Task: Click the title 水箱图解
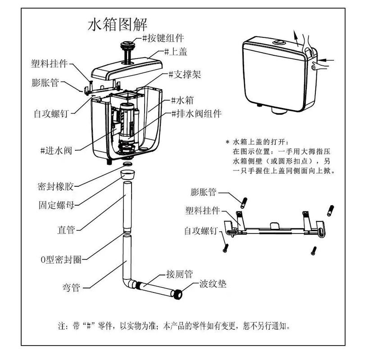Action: pos(117,24)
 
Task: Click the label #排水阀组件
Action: pos(196,113)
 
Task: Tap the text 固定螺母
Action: pos(55,205)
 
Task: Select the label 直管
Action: pos(65,229)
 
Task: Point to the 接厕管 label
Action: pos(179,274)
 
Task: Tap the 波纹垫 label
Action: pos(213,284)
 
